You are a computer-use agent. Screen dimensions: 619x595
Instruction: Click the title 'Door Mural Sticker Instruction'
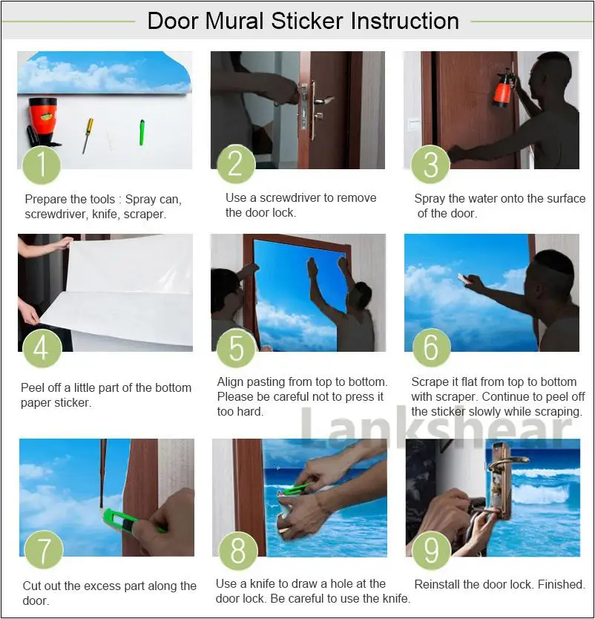303,20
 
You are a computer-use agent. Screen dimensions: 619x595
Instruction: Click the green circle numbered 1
42,164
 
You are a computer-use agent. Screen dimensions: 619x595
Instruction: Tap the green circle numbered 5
237,347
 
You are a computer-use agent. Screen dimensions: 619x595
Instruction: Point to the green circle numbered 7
44,551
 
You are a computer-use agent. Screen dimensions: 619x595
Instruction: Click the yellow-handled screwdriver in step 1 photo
88,134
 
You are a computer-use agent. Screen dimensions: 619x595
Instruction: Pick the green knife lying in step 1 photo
141,132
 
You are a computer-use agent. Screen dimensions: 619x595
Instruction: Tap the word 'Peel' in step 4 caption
34,388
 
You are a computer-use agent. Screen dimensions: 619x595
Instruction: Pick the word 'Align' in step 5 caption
232,382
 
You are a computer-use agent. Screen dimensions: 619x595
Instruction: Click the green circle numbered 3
430,164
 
